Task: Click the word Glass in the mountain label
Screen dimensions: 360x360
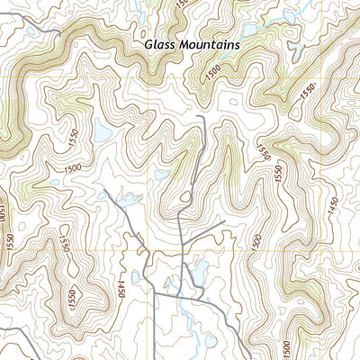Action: [x=158, y=43]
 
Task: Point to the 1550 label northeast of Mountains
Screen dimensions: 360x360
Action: [x=309, y=90]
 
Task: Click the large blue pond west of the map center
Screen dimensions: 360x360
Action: [x=102, y=134]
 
